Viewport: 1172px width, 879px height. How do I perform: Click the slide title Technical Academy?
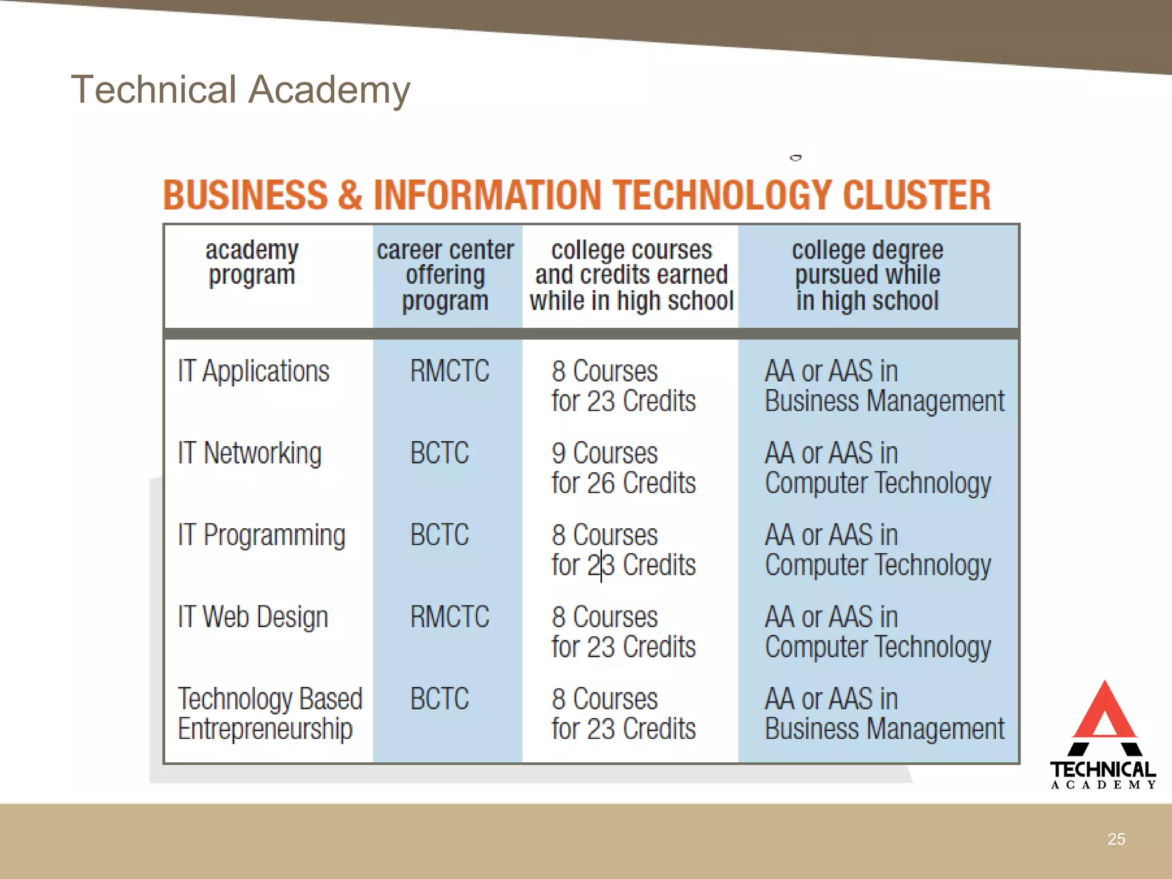240,90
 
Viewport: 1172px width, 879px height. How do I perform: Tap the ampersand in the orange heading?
350,195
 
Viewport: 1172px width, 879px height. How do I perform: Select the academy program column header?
252,263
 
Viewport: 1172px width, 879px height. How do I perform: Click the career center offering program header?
445,275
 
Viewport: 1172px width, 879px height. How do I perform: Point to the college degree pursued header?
867,275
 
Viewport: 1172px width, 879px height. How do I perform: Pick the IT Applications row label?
254,371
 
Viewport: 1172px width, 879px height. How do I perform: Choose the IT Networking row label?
250,453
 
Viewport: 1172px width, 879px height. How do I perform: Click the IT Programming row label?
262,536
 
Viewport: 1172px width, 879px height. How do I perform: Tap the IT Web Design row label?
253,617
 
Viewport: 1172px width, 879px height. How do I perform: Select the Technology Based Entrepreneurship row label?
270,714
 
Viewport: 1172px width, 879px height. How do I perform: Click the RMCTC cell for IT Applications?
450,371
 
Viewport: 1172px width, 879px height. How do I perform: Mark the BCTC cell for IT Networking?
439,453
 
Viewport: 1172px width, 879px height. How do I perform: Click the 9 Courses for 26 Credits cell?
623,468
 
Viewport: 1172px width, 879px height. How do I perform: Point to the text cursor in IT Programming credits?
601,565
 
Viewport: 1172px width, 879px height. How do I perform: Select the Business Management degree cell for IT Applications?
884,386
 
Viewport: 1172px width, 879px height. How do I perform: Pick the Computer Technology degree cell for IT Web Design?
878,632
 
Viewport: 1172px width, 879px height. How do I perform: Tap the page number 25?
1116,839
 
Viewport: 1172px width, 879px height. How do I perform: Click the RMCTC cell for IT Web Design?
450,617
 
